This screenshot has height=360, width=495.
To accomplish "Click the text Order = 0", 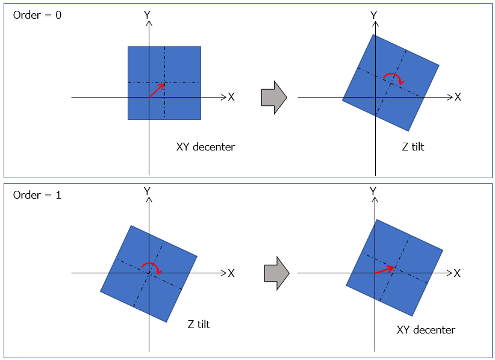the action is tap(37, 15).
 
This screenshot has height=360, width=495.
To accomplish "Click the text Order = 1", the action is tap(37, 195).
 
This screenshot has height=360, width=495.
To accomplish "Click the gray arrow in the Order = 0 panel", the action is tap(274, 98).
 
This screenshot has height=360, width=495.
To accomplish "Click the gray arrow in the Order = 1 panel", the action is tap(276, 273).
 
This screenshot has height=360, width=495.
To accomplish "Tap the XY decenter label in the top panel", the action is tap(205, 147).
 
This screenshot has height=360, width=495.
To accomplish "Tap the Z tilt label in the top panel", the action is tap(413, 147).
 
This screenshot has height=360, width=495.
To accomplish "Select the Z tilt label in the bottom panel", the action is tap(199, 324).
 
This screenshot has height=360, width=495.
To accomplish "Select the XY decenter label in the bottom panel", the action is tap(426, 330).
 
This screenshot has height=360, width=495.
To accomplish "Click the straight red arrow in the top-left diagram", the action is tap(157, 90).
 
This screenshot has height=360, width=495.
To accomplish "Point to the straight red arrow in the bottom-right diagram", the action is tap(385, 270).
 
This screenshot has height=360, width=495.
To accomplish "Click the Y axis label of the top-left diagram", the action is tap(147, 14).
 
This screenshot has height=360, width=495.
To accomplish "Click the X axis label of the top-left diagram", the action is tap(231, 97).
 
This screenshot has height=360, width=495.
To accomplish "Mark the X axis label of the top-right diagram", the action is tap(458, 97).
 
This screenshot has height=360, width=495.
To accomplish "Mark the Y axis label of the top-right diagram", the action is tap(374, 15).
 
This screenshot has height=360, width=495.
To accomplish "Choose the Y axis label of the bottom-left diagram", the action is tap(147, 191).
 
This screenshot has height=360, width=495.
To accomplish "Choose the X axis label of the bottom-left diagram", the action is tap(231, 273).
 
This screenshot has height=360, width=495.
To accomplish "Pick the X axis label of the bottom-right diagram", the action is tap(457, 273).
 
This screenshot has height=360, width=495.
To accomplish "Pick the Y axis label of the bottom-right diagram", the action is tap(373, 191).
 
